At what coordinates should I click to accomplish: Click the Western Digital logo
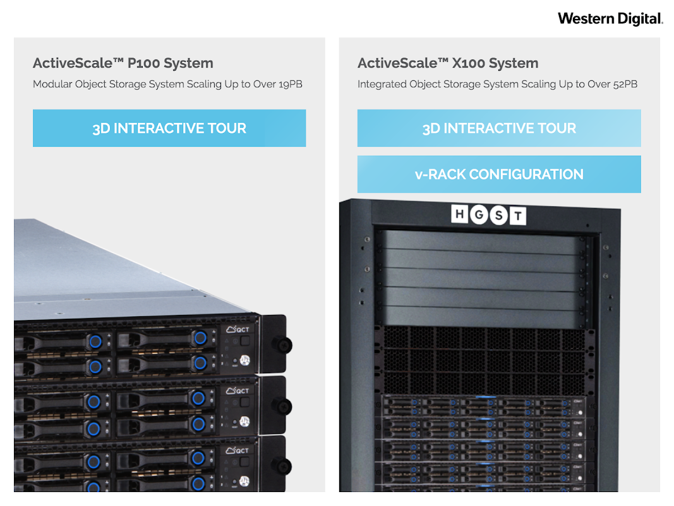610,18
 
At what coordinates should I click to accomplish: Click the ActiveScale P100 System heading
123,63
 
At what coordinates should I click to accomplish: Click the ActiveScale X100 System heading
448,63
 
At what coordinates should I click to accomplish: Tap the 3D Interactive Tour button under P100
169,128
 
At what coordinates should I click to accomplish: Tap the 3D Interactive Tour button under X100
499,128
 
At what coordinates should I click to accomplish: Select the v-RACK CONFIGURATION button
499,175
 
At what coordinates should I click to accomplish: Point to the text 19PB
291,84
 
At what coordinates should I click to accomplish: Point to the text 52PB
625,84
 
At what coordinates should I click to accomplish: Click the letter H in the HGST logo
460,215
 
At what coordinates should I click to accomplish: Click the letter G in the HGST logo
479,215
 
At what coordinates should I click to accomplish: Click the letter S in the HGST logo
498,216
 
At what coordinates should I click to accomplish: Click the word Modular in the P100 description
53,84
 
